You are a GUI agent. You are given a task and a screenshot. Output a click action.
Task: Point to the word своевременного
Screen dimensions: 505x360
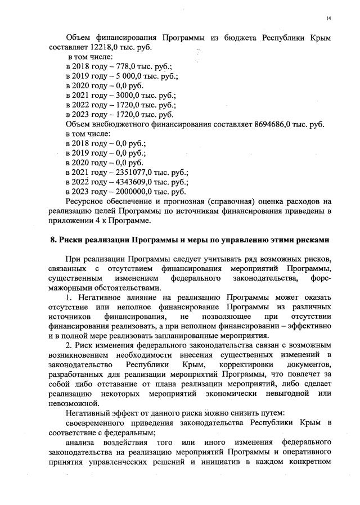(x=101, y=422)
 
